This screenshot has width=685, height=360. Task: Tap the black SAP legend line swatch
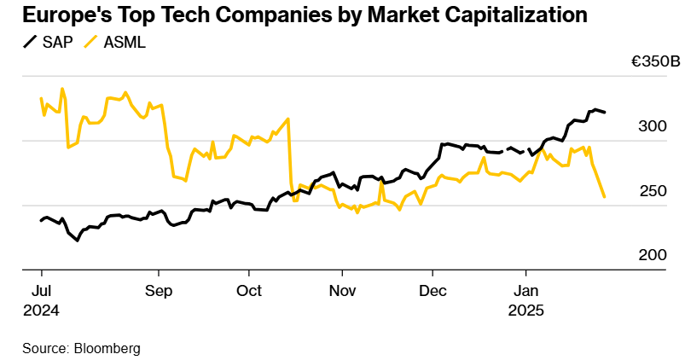coord(31,42)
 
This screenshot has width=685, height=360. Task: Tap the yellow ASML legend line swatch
coord(93,42)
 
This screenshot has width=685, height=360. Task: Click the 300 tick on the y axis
coord(653,126)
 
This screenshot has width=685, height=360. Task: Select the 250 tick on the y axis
coord(653,191)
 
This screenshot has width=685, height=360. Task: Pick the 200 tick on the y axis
coord(653,255)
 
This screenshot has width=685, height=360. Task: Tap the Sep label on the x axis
coord(159,291)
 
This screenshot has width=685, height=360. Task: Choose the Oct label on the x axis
coord(249,291)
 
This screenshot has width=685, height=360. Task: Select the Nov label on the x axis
coord(341,291)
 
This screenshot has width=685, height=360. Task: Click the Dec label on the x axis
coord(432,291)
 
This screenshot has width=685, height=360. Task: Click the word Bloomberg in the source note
coord(107,349)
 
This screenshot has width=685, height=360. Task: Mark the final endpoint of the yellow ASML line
coord(604,197)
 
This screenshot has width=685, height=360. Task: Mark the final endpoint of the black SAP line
coord(605,112)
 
